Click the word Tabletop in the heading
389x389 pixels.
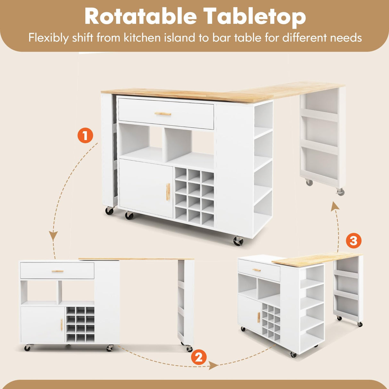tap(254, 17)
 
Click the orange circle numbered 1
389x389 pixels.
tap(85, 136)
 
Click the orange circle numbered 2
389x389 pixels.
tap(199, 357)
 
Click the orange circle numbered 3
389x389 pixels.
tap(353, 240)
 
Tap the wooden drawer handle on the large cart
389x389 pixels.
tap(163, 114)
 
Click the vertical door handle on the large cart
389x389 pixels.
tap(168, 192)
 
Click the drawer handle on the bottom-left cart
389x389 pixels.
tap(58, 271)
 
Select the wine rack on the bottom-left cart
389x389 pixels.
tap(80, 324)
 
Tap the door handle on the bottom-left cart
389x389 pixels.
tap(61, 325)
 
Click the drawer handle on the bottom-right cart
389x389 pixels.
tap(257, 270)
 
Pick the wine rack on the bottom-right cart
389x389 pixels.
tap(271, 321)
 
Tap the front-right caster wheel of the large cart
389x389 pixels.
tap(238, 241)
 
